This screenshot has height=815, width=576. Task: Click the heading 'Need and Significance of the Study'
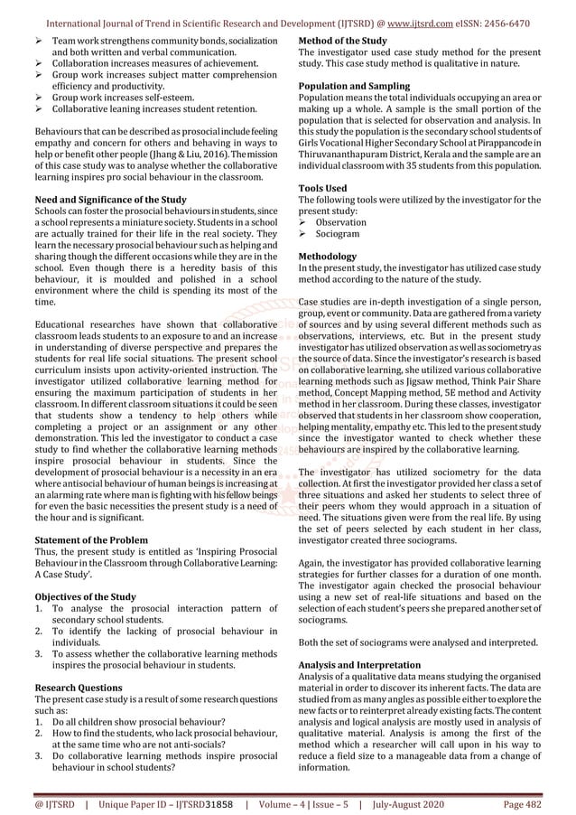109,200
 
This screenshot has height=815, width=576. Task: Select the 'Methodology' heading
327,256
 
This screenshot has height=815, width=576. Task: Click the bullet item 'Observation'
340,222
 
